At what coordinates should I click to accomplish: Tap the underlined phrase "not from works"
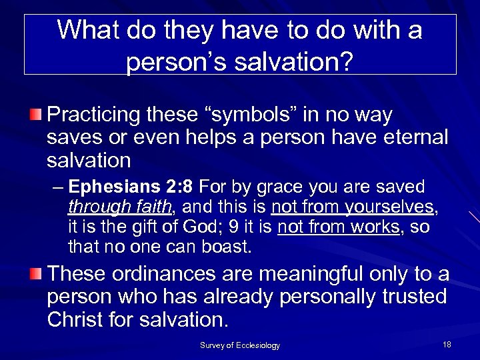click(x=339, y=227)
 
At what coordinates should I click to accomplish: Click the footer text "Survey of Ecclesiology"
click(x=240, y=345)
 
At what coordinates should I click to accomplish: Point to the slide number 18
click(x=447, y=344)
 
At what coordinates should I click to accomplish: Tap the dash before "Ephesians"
click(x=58, y=187)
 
